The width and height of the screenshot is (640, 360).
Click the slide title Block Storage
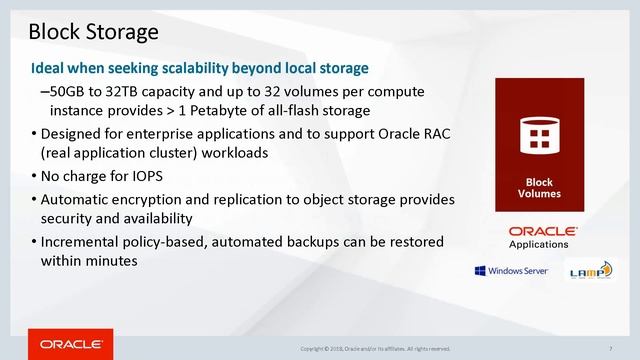(93, 32)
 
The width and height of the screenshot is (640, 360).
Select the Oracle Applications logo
(539, 236)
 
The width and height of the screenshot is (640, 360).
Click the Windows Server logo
(510, 270)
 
